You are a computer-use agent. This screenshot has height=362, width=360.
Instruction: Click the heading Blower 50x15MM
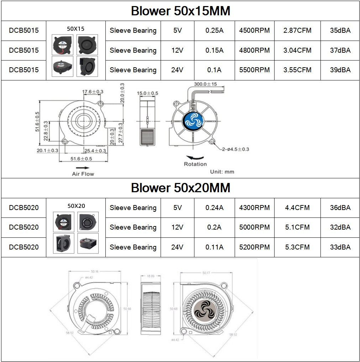[x=180, y=11]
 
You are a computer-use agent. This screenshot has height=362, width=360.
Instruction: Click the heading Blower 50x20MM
[x=180, y=188]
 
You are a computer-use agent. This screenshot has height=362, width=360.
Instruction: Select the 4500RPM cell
[x=254, y=31]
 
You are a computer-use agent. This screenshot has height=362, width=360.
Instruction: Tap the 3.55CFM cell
[x=297, y=70]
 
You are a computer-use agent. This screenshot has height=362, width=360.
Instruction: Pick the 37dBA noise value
[x=340, y=51]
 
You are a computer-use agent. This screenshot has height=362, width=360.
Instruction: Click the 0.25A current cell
[x=214, y=31]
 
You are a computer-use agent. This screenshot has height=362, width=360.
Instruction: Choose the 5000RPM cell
[x=254, y=227]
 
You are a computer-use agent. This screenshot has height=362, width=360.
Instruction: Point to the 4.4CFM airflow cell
[x=297, y=208]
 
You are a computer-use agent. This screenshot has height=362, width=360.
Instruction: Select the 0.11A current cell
[x=214, y=247]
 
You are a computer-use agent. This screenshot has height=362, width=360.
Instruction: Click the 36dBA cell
[x=340, y=208]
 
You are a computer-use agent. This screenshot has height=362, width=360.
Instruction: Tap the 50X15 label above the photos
[x=76, y=28]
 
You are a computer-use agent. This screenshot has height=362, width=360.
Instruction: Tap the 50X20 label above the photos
[x=76, y=206]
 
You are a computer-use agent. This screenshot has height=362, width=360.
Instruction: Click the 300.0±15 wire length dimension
[x=205, y=85]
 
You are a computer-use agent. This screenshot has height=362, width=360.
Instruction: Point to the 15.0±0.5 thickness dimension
[x=147, y=93]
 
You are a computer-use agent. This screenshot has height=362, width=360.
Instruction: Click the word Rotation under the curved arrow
[x=195, y=164]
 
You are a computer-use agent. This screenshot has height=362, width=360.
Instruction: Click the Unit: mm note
[x=222, y=172]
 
